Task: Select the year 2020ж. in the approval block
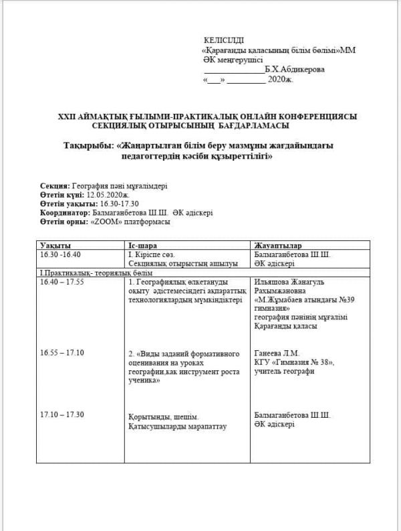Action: click(280, 79)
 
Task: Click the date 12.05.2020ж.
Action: click(105, 194)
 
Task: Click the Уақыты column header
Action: click(55, 246)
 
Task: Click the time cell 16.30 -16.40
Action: click(60, 255)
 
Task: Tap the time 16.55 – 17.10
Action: click(62, 352)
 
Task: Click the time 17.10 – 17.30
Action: click(62, 414)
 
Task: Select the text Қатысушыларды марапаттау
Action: click(173, 427)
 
